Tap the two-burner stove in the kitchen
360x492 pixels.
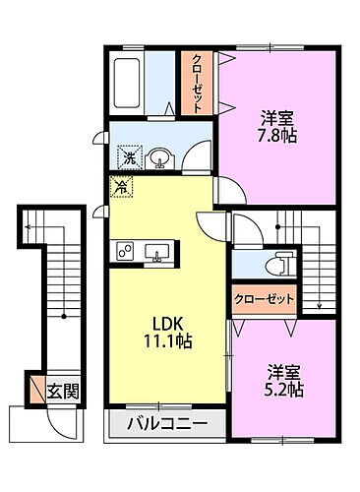[125, 253]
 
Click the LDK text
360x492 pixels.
[163, 321]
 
